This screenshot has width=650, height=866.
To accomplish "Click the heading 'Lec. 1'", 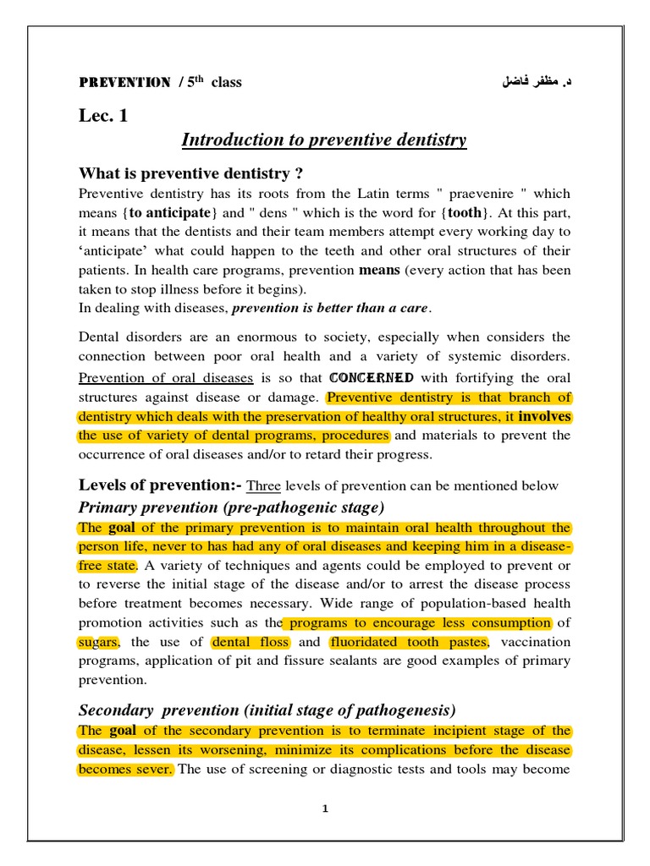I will coord(103,116).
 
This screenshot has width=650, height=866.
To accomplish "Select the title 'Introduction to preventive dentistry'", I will coord(324,140).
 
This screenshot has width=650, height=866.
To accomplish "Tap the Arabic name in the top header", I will coord(532,82).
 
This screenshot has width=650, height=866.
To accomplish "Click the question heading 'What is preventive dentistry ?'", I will coord(190,173).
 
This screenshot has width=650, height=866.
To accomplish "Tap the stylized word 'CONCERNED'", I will coord(372,377).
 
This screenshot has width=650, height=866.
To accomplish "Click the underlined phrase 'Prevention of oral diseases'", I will coord(166,378).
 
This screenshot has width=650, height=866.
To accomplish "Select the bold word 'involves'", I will coord(544,416).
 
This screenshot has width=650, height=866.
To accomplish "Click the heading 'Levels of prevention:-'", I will coord(160,485).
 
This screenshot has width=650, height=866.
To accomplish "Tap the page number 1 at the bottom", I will coord(325,808).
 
